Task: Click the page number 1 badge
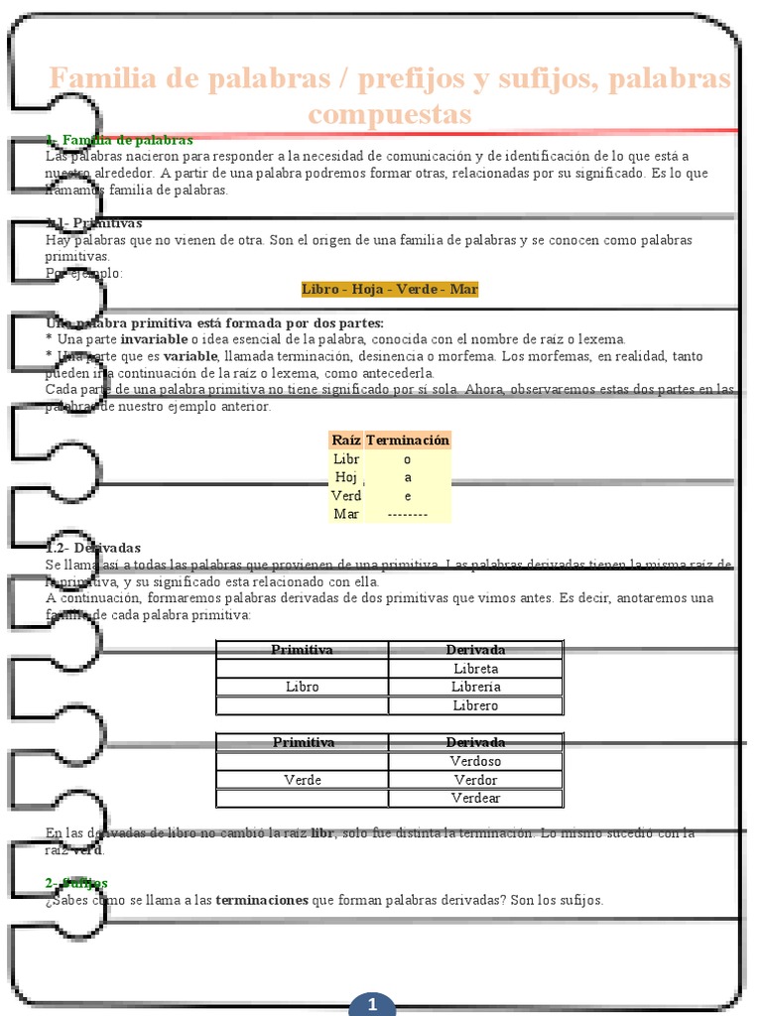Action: tap(372, 1004)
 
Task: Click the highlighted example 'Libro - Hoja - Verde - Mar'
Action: tap(390, 289)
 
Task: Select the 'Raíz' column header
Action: tap(346, 440)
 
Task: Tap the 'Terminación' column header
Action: tap(407, 440)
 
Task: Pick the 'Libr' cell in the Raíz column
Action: tap(346, 459)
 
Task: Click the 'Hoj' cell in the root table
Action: tap(346, 477)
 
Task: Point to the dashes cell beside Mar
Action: tap(407, 514)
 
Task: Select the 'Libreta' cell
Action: tap(475, 669)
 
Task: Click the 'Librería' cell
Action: tap(475, 687)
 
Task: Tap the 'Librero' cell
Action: tap(475, 705)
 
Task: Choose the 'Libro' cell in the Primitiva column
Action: tap(302, 687)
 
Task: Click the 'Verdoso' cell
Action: tap(475, 761)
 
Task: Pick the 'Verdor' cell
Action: tap(475, 780)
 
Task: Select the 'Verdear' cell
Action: tap(475, 798)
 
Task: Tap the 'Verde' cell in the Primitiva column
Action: tap(302, 780)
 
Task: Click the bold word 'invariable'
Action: tap(154, 339)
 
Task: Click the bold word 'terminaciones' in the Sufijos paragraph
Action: tap(262, 900)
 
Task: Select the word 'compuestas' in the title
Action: tap(390, 114)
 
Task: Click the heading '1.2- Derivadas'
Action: tap(94, 548)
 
